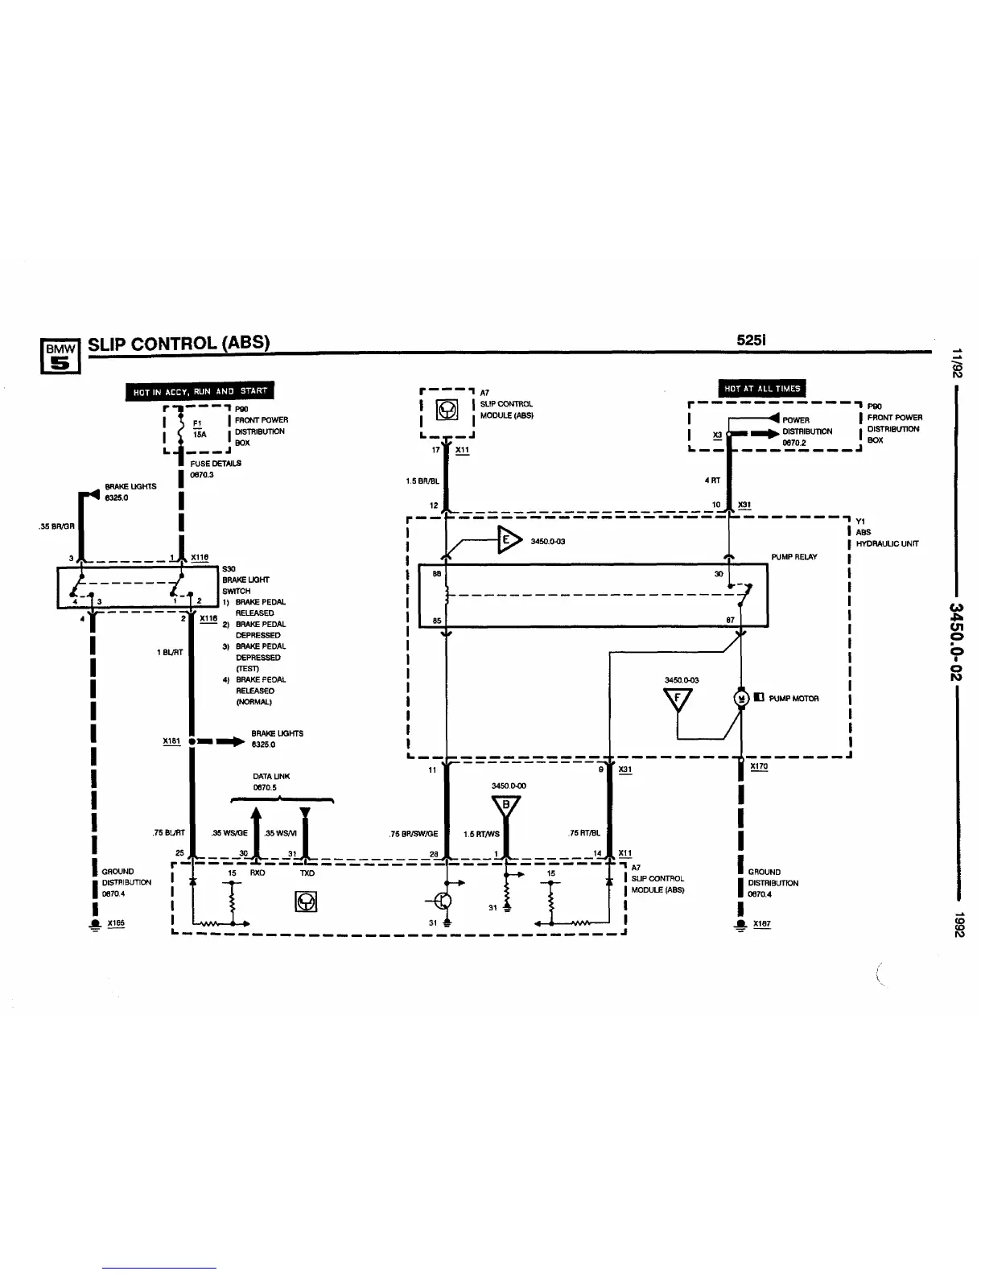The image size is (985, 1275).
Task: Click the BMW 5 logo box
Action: coord(61,355)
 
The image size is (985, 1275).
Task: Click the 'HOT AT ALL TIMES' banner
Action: coord(762,389)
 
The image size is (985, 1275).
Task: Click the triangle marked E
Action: coord(507,539)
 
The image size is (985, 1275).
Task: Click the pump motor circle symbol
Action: coord(741,698)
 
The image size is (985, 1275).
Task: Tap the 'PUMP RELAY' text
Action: coord(793,557)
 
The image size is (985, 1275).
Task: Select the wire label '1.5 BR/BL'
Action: coord(422,481)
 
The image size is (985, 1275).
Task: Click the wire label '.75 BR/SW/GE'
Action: coord(413,834)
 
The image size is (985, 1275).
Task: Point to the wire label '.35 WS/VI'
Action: coord(281,833)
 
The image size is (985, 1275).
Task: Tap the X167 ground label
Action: coord(761,924)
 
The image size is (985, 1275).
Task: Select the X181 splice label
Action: coord(171,741)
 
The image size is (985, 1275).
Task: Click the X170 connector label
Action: coord(759,766)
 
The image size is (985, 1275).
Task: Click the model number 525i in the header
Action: coord(751,340)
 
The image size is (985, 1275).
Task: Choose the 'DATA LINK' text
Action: coord(271,777)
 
